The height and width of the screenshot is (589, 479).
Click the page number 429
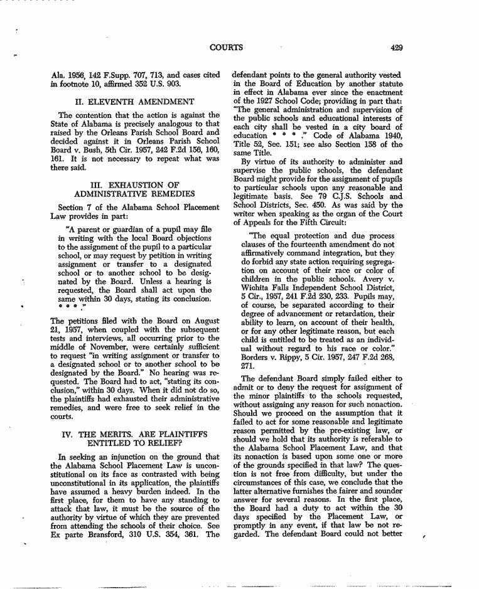[x=396, y=47]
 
